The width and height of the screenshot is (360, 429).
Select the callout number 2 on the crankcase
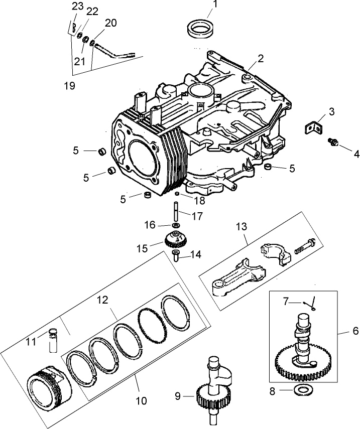(260, 58)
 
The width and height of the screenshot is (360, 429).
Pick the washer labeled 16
(176, 226)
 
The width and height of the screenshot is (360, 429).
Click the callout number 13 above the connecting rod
(242, 227)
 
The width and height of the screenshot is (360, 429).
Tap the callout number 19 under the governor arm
(69, 86)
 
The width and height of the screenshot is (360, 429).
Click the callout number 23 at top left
(77, 6)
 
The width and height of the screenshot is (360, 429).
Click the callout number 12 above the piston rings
(102, 300)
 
